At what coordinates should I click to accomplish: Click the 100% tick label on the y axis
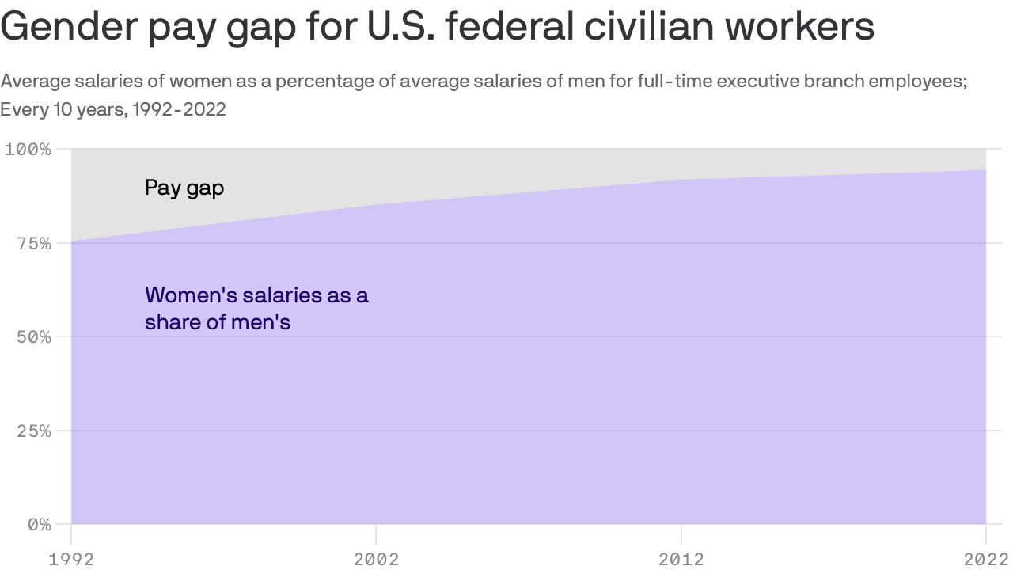coord(28,150)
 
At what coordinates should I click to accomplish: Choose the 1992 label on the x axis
coord(71,560)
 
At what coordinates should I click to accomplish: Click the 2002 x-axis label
coord(376,560)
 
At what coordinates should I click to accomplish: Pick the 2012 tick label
coord(681,560)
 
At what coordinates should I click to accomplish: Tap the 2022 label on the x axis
coord(985,560)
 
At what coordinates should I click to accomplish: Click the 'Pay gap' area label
coord(184,188)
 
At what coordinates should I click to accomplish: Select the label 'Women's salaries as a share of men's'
coord(256,309)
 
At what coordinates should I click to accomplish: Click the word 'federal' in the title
coord(510,28)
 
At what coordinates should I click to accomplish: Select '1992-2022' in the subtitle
coord(179,110)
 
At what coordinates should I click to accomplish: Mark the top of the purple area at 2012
coord(681,180)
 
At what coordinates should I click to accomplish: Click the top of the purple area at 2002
coord(376,205)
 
